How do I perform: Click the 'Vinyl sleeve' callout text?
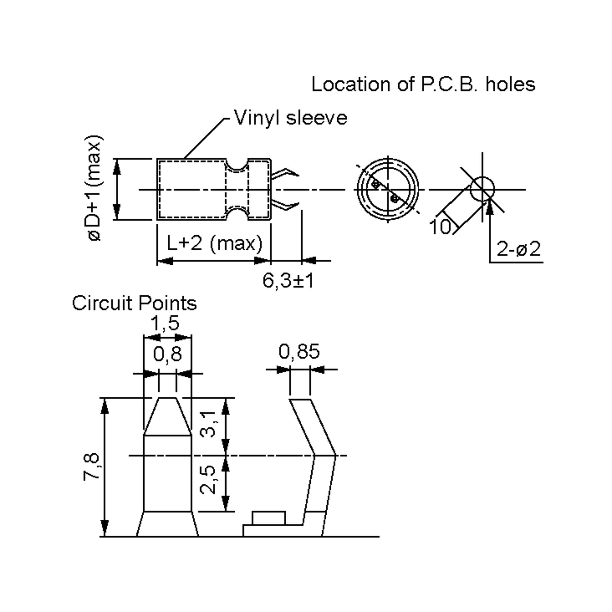point(290,118)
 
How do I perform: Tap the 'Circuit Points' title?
point(134,303)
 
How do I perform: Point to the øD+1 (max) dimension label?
point(94,188)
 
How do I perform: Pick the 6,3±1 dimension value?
point(288,280)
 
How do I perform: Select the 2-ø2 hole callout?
point(519,249)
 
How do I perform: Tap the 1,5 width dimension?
point(165,323)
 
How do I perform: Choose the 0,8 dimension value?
point(168,354)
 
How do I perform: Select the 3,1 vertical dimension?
point(208,424)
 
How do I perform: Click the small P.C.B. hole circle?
point(482,189)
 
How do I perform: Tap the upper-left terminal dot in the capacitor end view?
point(376,184)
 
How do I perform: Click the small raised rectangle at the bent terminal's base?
point(269,518)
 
